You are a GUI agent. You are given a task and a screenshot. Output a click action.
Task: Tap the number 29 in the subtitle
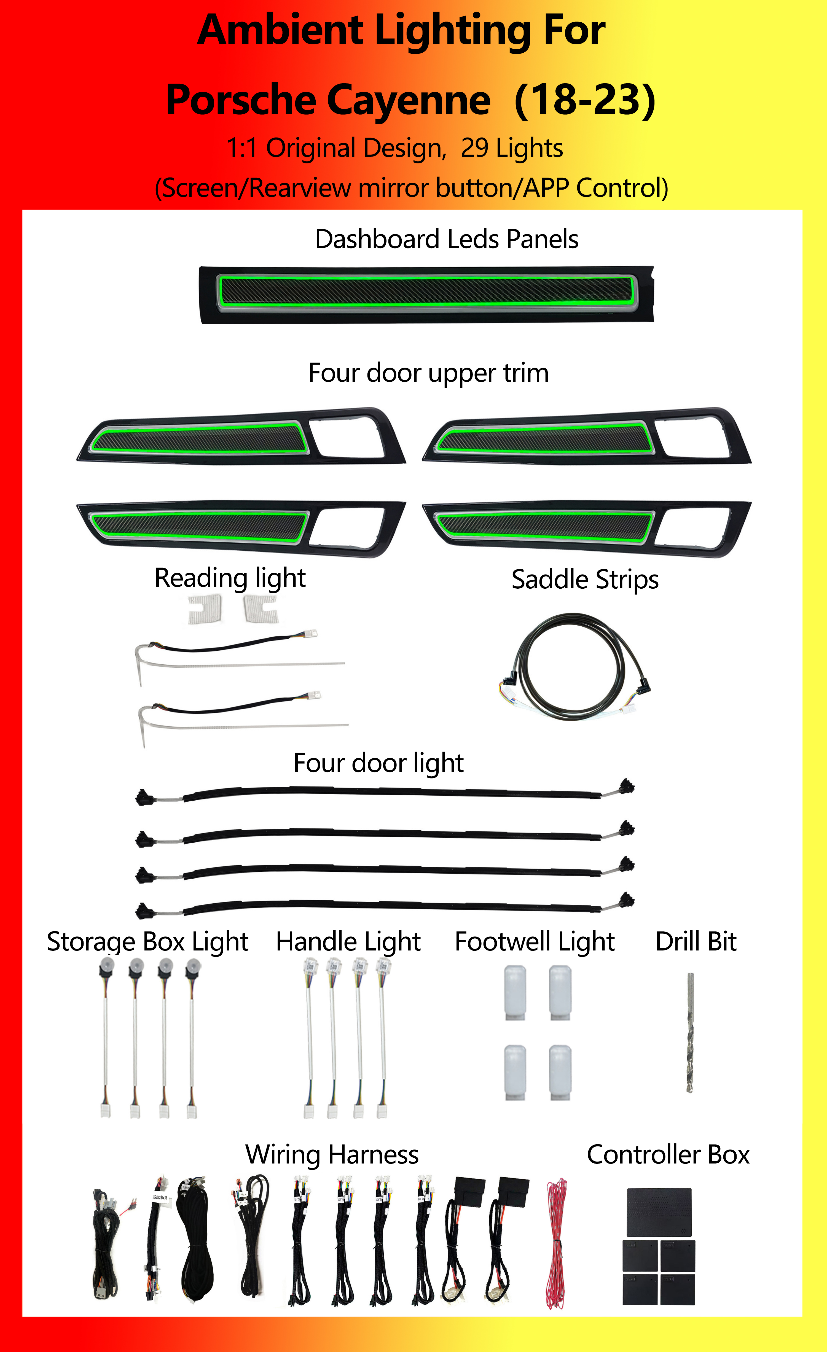[x=475, y=148]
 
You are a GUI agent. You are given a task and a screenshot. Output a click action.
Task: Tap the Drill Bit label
[x=696, y=942]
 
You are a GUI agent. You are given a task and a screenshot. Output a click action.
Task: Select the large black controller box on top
[x=659, y=1212]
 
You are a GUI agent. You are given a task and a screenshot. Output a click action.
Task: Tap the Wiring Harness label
[x=332, y=1155]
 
